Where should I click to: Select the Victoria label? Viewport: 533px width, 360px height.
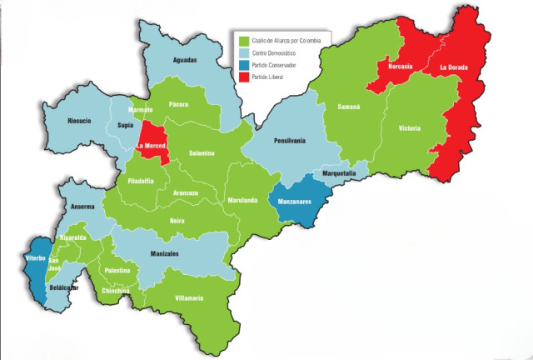pyautogui.click(x=410, y=128)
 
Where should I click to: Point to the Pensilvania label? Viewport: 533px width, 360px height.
pyautogui.click(x=285, y=141)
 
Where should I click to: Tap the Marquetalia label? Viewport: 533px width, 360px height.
pyautogui.click(x=340, y=173)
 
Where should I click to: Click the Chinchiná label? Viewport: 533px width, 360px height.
pyautogui.click(x=116, y=291)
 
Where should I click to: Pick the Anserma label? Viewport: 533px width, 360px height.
pyautogui.click(x=82, y=206)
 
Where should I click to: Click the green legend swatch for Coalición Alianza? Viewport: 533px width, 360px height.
pyautogui.click(x=242, y=40)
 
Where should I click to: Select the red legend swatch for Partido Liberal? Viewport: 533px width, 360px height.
pyautogui.click(x=242, y=77)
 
